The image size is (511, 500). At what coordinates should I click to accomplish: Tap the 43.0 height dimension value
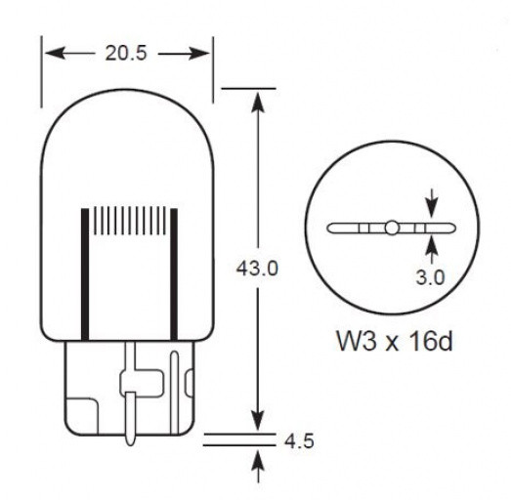(259, 268)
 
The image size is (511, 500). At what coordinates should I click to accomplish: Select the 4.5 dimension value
(298, 440)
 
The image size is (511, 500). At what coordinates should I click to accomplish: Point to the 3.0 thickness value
(430, 277)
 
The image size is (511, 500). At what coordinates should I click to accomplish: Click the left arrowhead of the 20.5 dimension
(49, 54)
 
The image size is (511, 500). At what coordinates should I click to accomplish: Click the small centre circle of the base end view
(390, 229)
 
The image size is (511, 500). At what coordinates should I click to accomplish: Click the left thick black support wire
(84, 273)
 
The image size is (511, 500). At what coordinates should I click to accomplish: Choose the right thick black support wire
(174, 273)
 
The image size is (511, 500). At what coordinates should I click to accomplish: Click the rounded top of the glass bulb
(126, 91)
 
